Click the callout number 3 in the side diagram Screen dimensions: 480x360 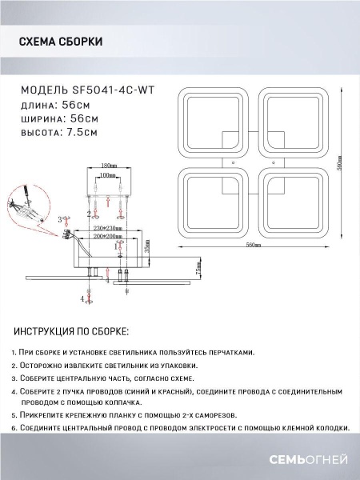click(x=59, y=218)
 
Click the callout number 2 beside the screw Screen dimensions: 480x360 click(x=88, y=214)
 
